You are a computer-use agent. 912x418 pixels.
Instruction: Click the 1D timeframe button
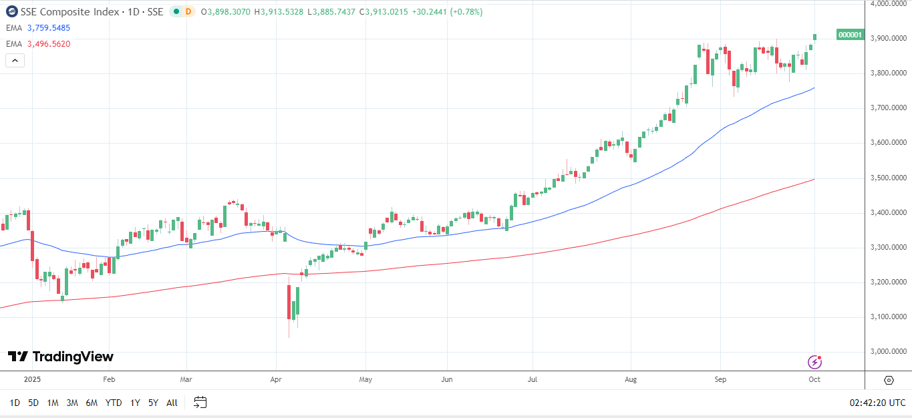coord(15,403)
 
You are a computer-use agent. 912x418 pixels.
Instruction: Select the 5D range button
coord(33,403)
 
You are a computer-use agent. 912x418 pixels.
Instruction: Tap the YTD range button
coord(114,403)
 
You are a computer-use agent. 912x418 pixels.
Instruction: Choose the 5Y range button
coord(154,403)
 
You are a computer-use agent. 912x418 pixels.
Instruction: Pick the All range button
coord(172,403)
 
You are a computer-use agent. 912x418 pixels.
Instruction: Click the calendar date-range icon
coord(200,402)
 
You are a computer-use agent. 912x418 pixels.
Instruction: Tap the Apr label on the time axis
coord(276,379)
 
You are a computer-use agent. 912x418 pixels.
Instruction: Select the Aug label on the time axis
coord(631,379)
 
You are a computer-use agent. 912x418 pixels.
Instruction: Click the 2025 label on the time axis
coord(32,379)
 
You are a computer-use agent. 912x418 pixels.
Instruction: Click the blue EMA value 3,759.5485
coord(48,28)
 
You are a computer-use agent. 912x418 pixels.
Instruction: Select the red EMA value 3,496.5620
coord(48,44)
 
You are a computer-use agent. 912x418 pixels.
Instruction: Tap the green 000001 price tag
coord(850,35)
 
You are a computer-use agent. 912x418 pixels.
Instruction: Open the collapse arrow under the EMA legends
coord(15,61)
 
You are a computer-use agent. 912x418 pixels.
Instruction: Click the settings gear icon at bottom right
coord(889,380)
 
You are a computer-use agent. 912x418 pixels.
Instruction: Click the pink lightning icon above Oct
coord(815,362)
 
